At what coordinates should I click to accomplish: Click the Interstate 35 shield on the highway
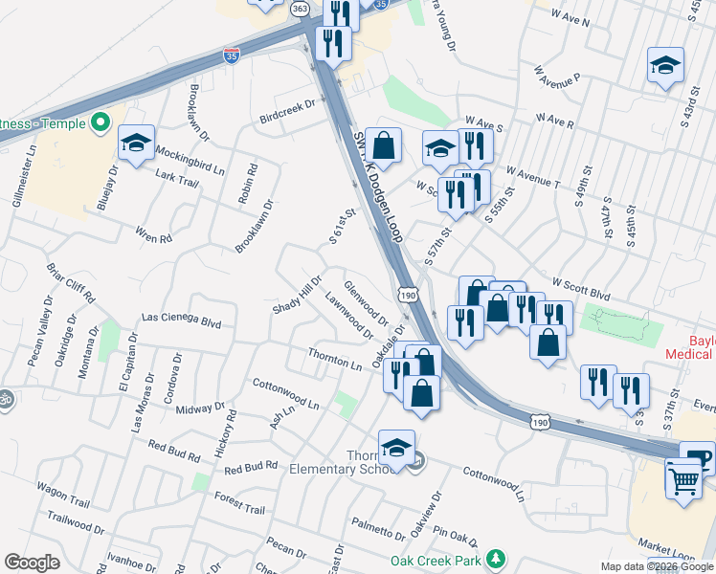pyautogui.click(x=231, y=55)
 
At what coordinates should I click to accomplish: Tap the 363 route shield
pyautogui.click(x=300, y=8)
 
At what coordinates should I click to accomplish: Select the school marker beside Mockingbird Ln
pyautogui.click(x=137, y=144)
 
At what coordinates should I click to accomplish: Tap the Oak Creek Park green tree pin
pyautogui.click(x=495, y=558)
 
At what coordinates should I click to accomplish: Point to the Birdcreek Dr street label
pyautogui.click(x=287, y=113)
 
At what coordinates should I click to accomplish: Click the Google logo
pyautogui.click(x=32, y=563)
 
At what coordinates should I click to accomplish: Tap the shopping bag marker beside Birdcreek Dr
pyautogui.click(x=383, y=146)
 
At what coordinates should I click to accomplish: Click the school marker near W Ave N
pyautogui.click(x=665, y=65)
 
